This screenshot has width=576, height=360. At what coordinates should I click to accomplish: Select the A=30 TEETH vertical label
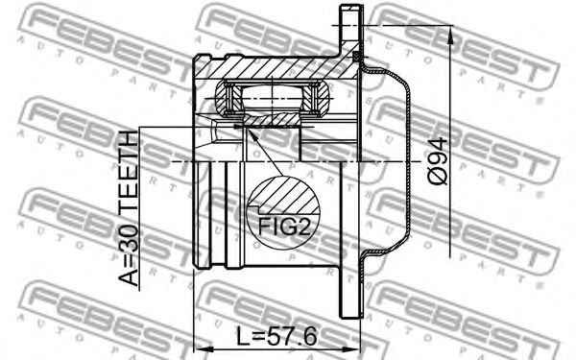tap(128, 210)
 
